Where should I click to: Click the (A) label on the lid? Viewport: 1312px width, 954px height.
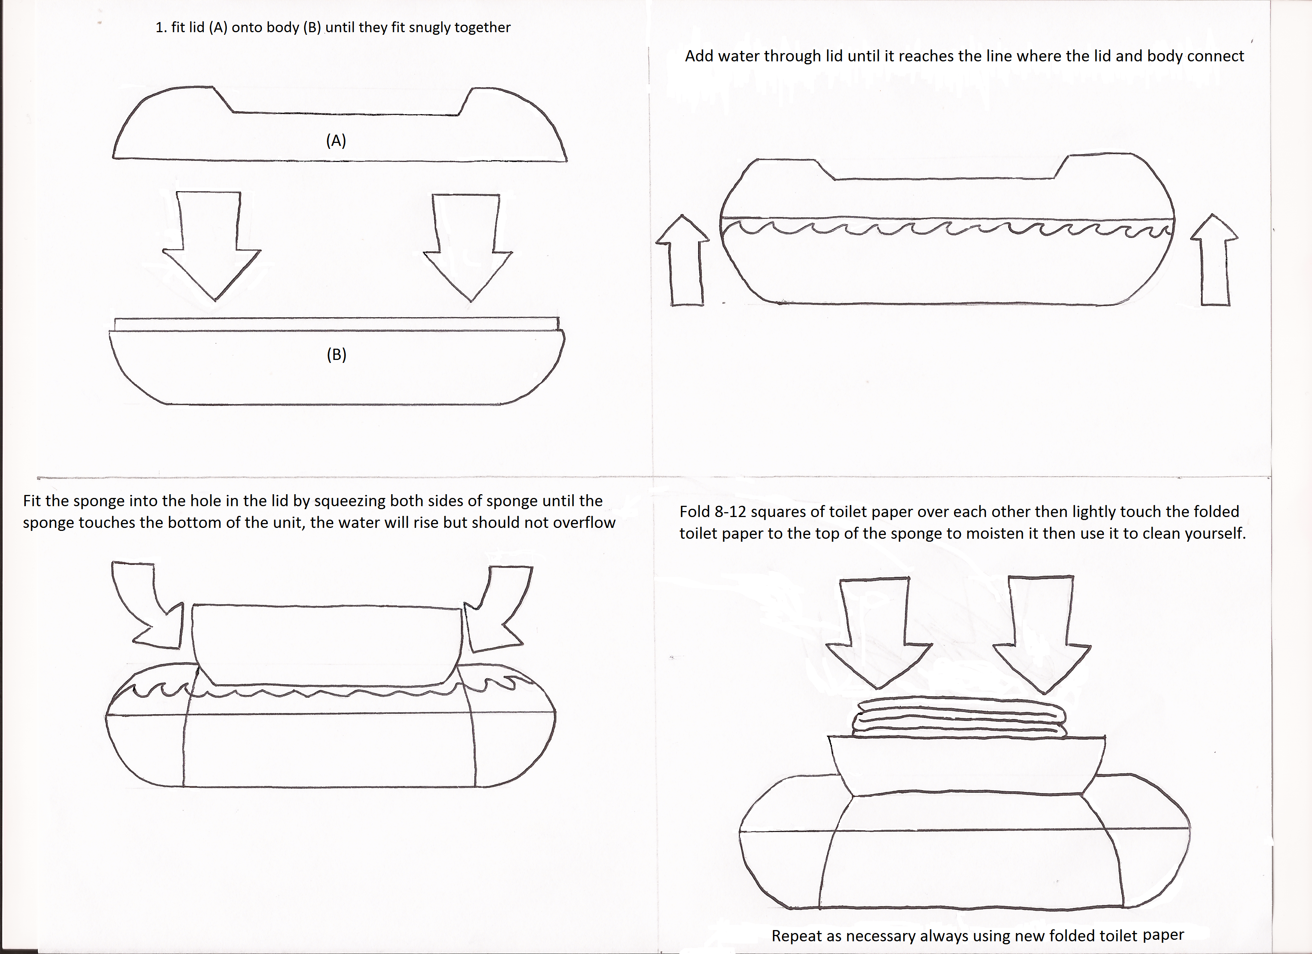[336, 141]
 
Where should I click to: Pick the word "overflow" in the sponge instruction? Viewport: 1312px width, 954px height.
[584, 522]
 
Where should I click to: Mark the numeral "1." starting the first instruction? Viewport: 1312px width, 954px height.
[161, 28]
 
